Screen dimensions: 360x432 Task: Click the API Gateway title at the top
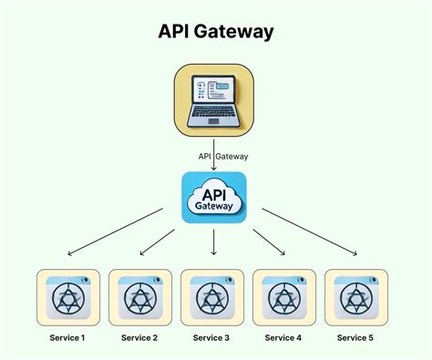[x=215, y=31]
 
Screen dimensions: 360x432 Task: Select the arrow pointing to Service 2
[x=158, y=241]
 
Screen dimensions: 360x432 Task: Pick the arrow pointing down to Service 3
[x=214, y=242]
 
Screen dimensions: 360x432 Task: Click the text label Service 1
[x=68, y=338]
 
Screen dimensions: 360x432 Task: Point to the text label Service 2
[x=140, y=338]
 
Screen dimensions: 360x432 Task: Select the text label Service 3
[x=212, y=338]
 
